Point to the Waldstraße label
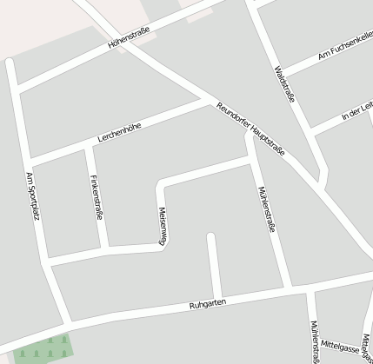(x=284, y=83)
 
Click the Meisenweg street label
(x=162, y=227)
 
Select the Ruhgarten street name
(x=208, y=305)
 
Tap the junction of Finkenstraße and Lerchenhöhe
(x=86, y=147)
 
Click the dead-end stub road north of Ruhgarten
(x=211, y=261)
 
